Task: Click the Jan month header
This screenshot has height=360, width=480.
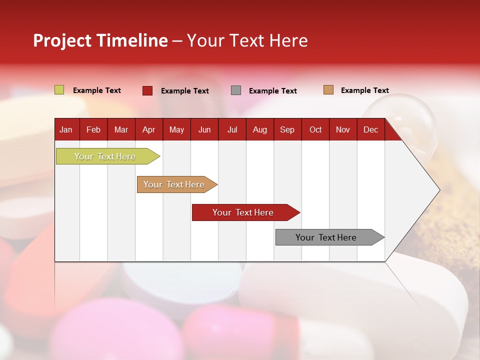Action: [66, 129]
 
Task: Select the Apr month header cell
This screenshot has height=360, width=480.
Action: [148, 129]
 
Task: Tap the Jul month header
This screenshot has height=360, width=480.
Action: [232, 129]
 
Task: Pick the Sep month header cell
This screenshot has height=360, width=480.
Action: [287, 129]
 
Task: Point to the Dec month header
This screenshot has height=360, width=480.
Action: [370, 129]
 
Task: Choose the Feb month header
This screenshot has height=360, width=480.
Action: [93, 129]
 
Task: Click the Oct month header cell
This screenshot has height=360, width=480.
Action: [315, 129]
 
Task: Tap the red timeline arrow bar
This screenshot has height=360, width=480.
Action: [243, 212]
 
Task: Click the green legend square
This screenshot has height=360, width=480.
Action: [59, 90]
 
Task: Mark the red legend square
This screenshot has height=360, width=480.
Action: [147, 90]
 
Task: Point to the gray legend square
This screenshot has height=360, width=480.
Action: [236, 90]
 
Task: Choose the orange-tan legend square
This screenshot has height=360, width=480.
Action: [328, 90]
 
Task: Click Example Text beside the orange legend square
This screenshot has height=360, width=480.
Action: [364, 90]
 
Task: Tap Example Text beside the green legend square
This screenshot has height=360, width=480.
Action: [97, 90]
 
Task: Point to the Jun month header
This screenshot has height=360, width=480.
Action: [204, 129]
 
